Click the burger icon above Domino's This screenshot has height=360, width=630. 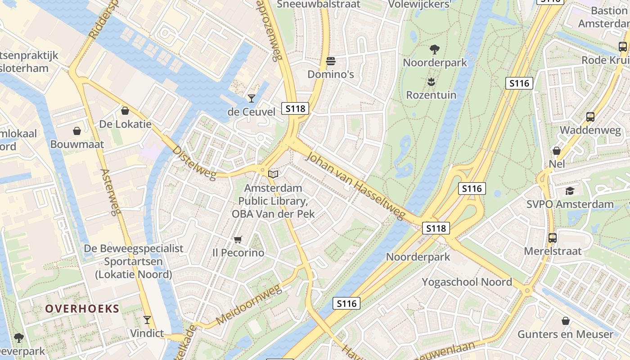pyautogui.click(x=331, y=61)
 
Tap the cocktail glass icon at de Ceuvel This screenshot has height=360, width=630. pyautogui.click(x=251, y=98)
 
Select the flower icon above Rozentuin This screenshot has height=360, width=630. pyautogui.click(x=431, y=81)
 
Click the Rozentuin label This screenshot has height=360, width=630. pyautogui.click(x=431, y=95)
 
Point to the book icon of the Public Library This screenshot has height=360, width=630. pyautogui.click(x=273, y=174)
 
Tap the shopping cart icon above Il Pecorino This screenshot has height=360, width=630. pyautogui.click(x=238, y=239)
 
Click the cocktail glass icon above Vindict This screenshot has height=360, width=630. pyautogui.click(x=147, y=320)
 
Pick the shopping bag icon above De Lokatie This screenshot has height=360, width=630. pyautogui.click(x=125, y=111)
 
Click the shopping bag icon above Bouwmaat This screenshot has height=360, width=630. pyautogui.click(x=77, y=131)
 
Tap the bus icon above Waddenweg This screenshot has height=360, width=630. pyautogui.click(x=590, y=117)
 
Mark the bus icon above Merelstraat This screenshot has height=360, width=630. pyautogui.click(x=552, y=238)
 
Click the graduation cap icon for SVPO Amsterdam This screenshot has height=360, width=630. pyautogui.click(x=570, y=191)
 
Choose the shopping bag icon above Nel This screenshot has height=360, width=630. pyautogui.click(x=557, y=151)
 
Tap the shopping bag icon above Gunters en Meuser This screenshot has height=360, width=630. pyautogui.click(x=565, y=321)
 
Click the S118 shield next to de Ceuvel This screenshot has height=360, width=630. pyautogui.click(x=295, y=108)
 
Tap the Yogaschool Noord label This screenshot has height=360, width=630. pyautogui.click(x=467, y=282)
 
